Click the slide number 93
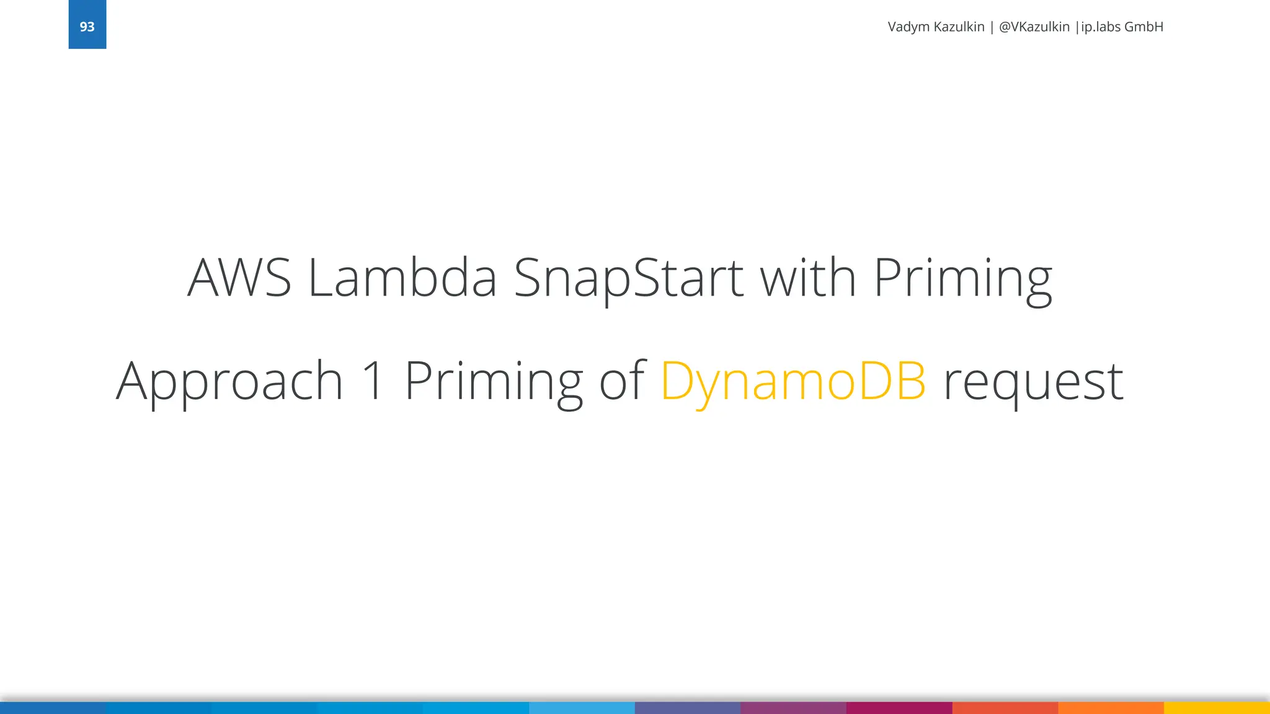pyautogui.click(x=87, y=27)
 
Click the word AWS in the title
pyautogui.click(x=239, y=278)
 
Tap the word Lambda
pyautogui.click(x=402, y=278)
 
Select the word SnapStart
pyautogui.click(x=628, y=278)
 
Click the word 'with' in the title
pyautogui.click(x=808, y=278)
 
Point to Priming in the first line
pyautogui.click(x=962, y=278)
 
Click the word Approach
pyautogui.click(x=229, y=381)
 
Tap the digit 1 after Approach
pyautogui.click(x=373, y=381)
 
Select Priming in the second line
pyautogui.click(x=494, y=381)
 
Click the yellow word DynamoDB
pyautogui.click(x=793, y=381)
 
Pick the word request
pyautogui.click(x=1032, y=381)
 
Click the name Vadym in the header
pyautogui.click(x=908, y=27)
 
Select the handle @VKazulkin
pyautogui.click(x=1034, y=27)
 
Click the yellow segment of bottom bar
pyautogui.click(x=1217, y=708)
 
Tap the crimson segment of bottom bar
pyautogui.click(x=899, y=708)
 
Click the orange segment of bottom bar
pyautogui.click(x=1111, y=708)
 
